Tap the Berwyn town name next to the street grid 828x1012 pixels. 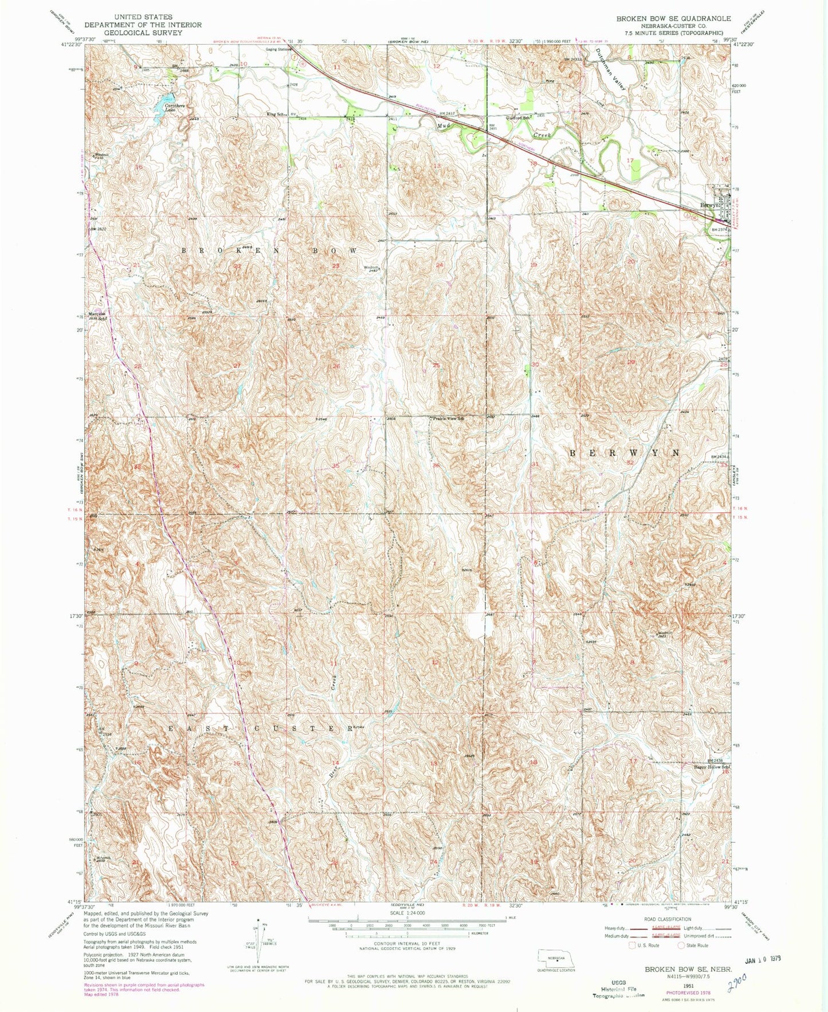tap(708, 205)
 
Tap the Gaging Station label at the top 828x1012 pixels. tap(278, 49)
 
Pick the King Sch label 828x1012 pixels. tap(275, 115)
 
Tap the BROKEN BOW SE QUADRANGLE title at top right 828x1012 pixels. tap(673, 18)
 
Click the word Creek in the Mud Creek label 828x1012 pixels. tap(541, 135)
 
